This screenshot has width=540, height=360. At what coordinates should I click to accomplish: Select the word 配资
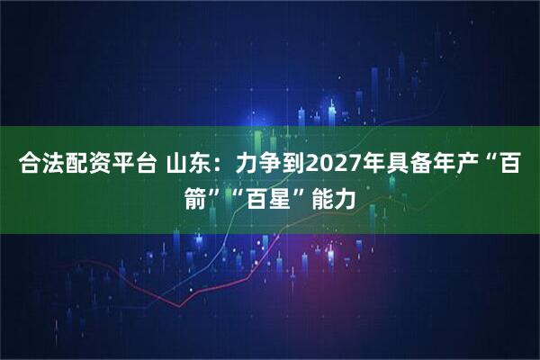coord(86,165)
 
